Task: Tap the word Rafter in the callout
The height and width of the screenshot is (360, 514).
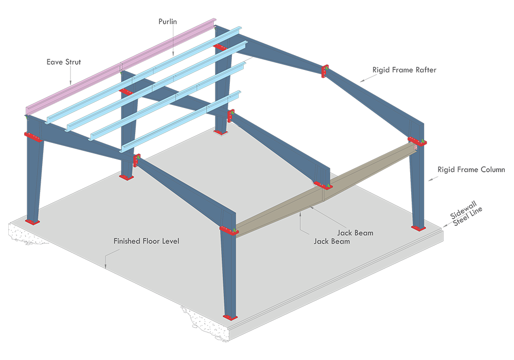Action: [x=424, y=69]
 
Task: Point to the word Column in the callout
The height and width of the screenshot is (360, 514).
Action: [x=491, y=169]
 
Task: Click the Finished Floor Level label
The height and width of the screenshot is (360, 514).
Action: [x=146, y=241]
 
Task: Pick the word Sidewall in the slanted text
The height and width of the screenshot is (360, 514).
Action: [x=461, y=209]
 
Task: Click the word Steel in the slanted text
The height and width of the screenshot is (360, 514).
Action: [x=462, y=220]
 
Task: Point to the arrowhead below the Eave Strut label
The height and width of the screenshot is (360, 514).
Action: [x=70, y=83]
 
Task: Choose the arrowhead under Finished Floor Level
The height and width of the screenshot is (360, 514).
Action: [x=105, y=266]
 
